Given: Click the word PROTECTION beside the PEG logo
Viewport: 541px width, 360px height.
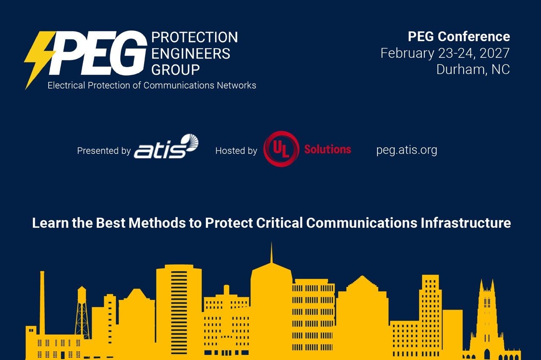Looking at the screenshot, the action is pos(194,38).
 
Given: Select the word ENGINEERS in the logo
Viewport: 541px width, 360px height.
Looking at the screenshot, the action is pos(191,54).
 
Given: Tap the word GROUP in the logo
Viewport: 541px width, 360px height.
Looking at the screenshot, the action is pos(175,70).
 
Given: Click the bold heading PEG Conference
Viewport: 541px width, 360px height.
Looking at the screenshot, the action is pos(459,37).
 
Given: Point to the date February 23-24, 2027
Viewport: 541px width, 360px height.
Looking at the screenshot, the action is pos(445,53).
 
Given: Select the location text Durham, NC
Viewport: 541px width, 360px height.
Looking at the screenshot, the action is pos(473,70).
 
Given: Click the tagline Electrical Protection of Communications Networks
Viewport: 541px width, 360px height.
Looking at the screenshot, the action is pos(152,85).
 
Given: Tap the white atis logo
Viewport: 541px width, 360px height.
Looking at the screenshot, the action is pos(166,146).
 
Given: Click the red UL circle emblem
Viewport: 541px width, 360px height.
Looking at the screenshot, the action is pos(281,149).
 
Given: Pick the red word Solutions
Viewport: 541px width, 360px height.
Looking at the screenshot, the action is pos(328,149).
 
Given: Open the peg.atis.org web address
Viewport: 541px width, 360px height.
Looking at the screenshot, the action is pos(407,150).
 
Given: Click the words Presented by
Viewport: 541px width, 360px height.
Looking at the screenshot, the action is pos(104,151).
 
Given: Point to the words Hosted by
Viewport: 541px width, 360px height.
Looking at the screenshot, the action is pos(236,151).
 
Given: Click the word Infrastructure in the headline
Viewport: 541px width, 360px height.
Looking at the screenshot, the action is pos(466,223).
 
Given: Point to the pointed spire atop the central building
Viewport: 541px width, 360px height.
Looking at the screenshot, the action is pos(271,253).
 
